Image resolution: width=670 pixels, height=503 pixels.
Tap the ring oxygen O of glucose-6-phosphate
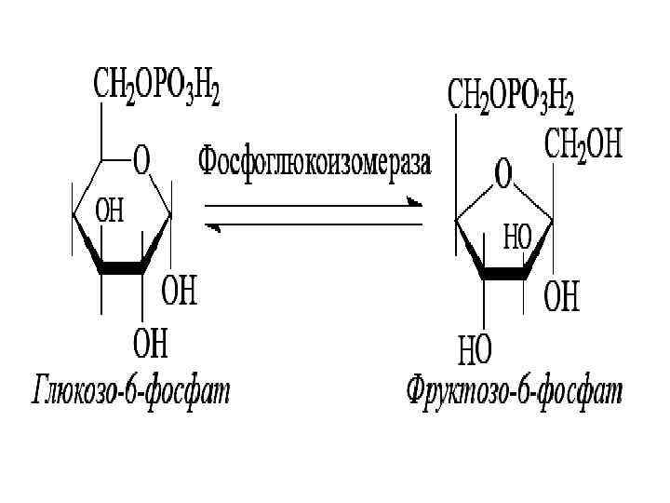(143, 161)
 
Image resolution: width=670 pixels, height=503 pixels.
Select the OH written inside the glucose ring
(109, 212)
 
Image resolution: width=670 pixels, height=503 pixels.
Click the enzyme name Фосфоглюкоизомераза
(315, 162)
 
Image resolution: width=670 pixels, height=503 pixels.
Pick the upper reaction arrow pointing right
(314, 205)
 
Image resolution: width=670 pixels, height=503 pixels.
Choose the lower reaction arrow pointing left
(314, 225)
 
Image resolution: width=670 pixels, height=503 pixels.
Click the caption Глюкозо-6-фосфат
(130, 391)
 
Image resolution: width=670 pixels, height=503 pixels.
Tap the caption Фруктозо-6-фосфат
(514, 391)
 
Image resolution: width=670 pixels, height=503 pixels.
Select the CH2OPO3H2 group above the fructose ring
(512, 95)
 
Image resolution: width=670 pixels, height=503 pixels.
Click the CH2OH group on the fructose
(583, 147)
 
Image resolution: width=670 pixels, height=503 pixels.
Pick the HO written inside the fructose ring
(516, 237)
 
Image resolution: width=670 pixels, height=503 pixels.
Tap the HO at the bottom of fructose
(475, 351)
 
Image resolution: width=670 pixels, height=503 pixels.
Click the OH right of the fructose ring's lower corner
(561, 298)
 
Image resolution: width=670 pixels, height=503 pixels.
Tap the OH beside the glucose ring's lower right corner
(181, 292)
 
